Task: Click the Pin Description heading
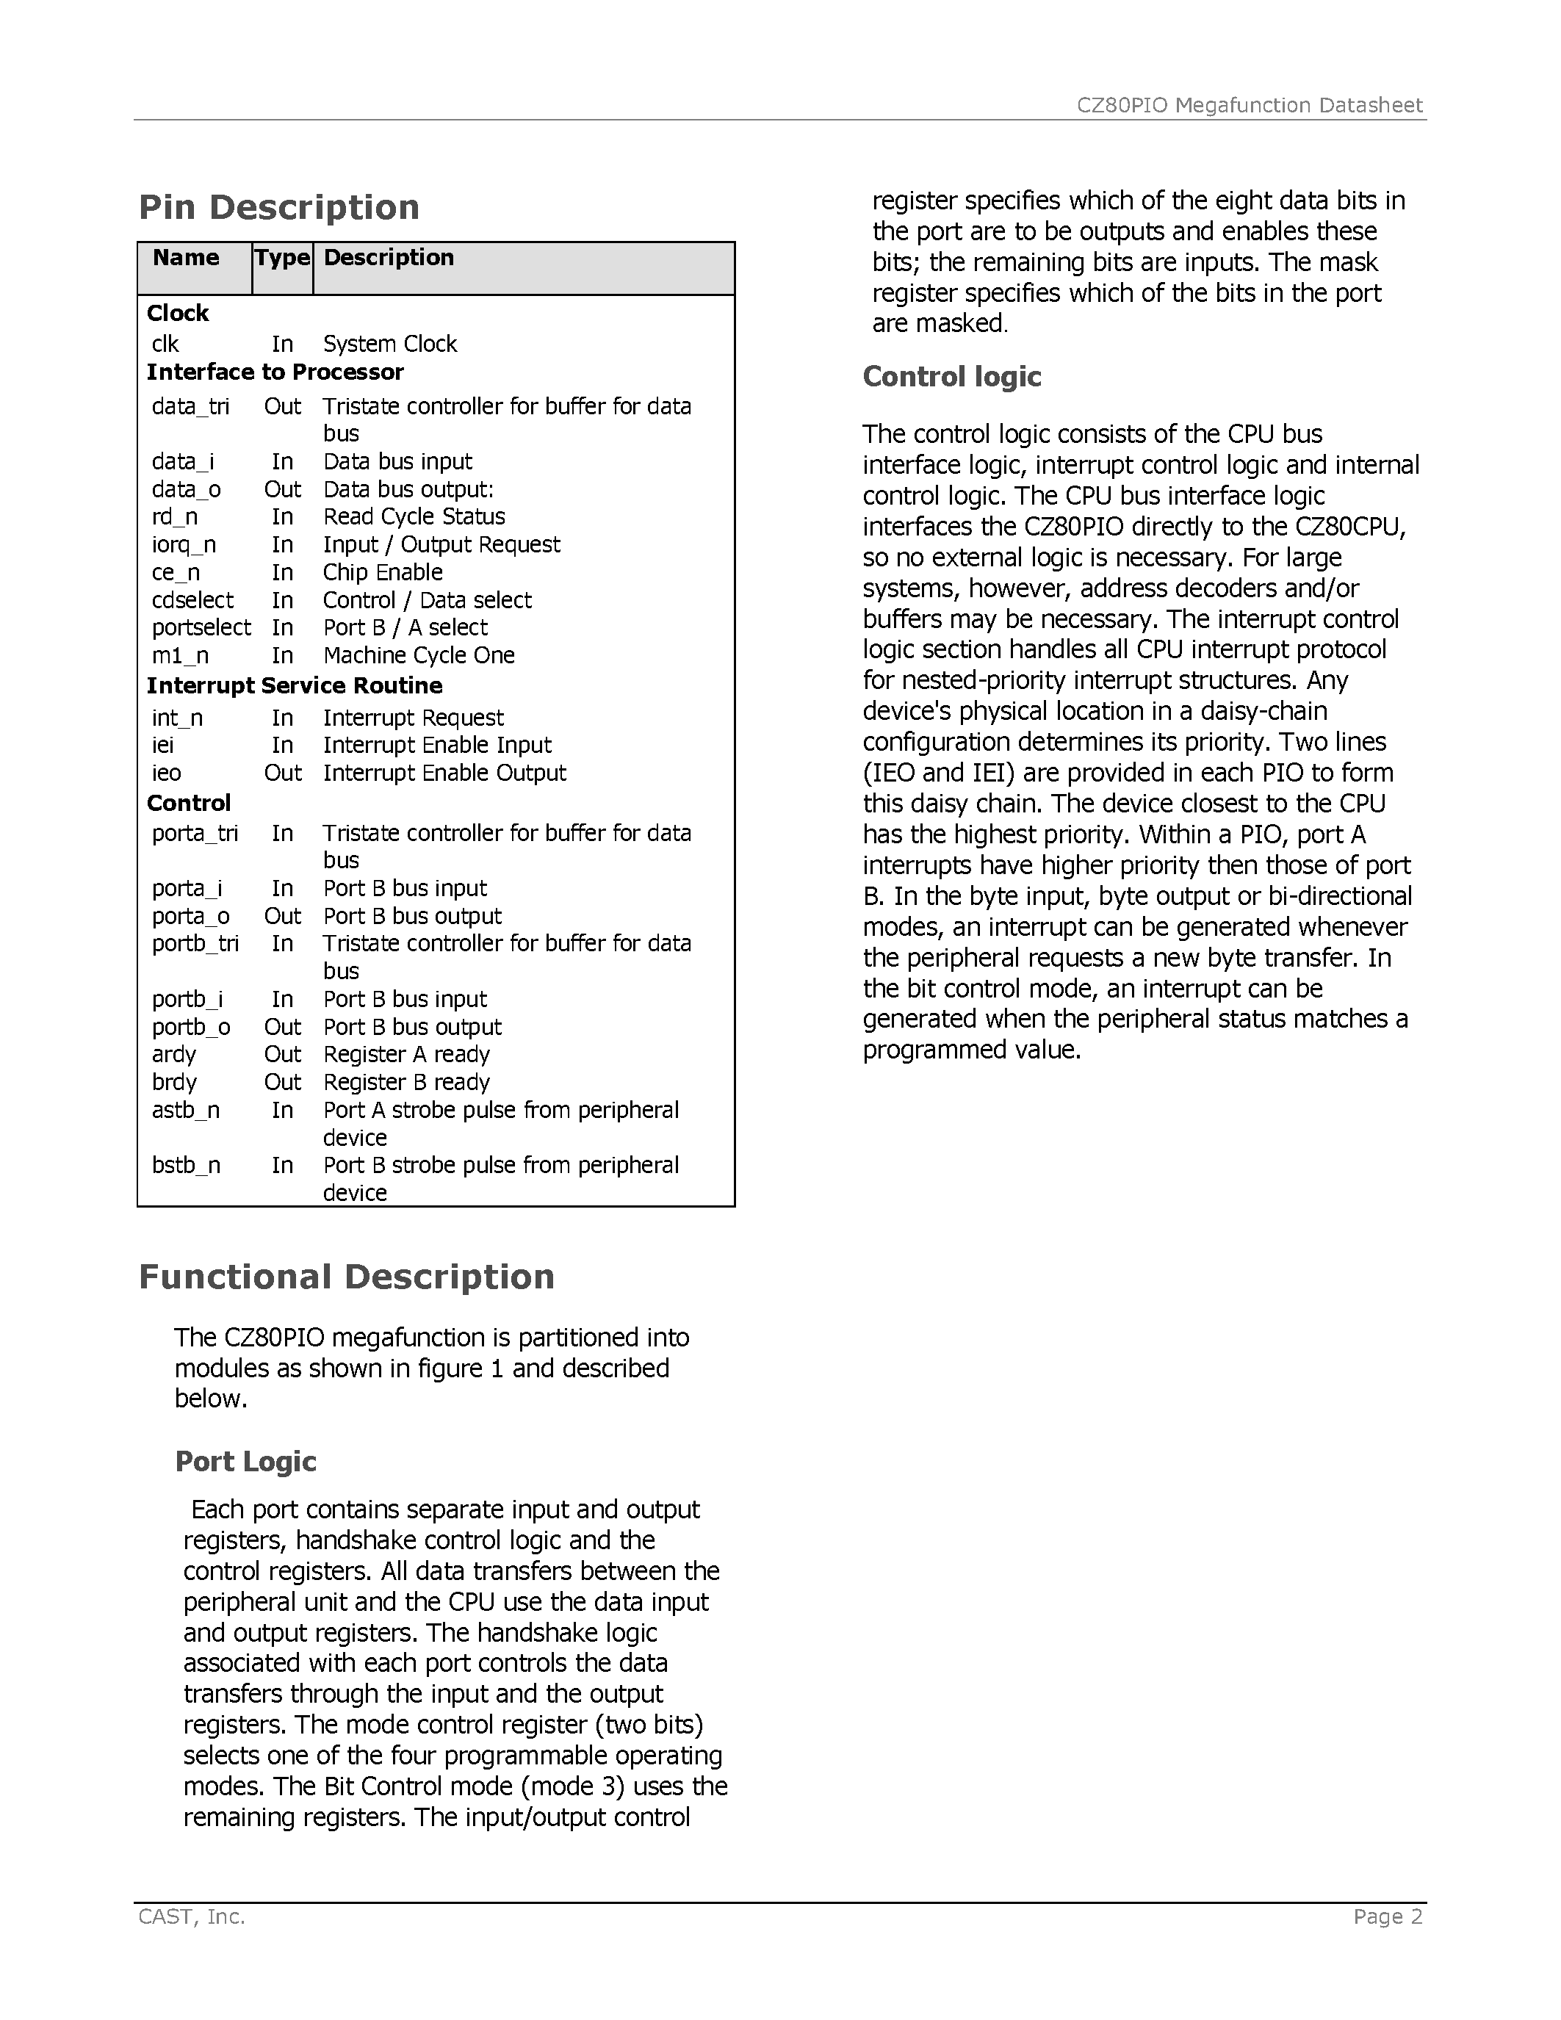click(x=278, y=207)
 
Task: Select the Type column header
click(x=282, y=258)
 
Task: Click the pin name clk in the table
click(x=165, y=344)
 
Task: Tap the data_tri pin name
click(x=190, y=407)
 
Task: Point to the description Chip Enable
click(x=382, y=572)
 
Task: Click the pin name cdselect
click(x=192, y=600)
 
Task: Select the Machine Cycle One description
click(x=418, y=656)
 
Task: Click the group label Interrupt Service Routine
click(x=294, y=686)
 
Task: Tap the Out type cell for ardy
click(x=282, y=1054)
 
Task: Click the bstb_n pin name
click(x=186, y=1166)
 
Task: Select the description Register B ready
click(x=406, y=1082)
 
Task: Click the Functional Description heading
click(x=346, y=1277)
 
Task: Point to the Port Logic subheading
click(x=245, y=1461)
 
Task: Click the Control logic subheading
click(x=951, y=376)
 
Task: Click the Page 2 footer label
click(x=1387, y=1916)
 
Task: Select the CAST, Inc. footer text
click(x=192, y=1916)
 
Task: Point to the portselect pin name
click(x=201, y=628)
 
